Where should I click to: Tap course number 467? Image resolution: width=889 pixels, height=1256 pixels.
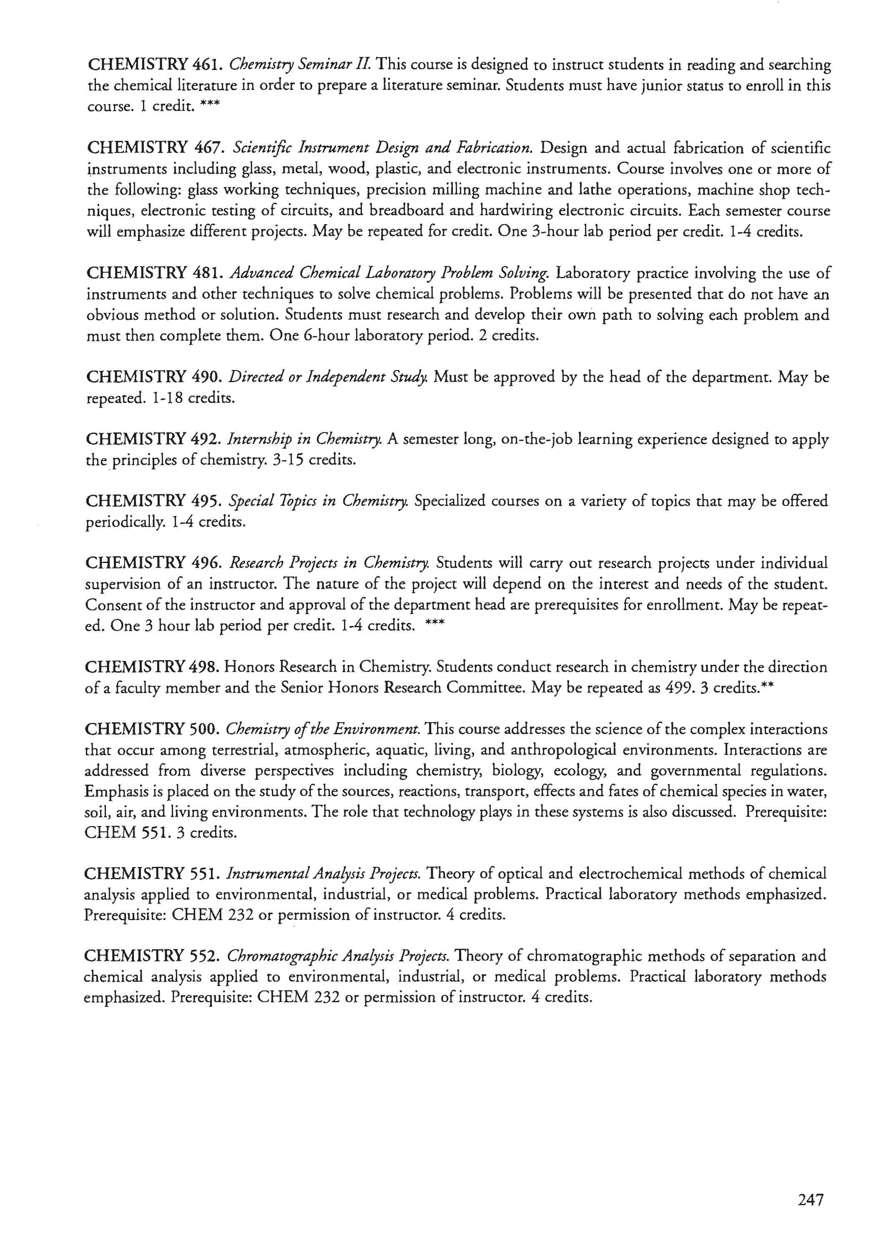tap(208, 148)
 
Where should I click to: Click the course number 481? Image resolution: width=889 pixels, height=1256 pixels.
tap(208, 273)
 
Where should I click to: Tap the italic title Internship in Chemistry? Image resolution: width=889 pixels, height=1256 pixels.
tap(303, 439)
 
